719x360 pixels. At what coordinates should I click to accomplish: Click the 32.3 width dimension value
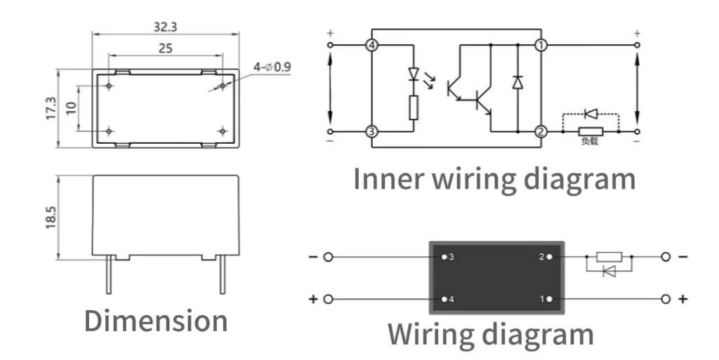(165, 27)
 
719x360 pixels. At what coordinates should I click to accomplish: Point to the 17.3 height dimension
(51, 108)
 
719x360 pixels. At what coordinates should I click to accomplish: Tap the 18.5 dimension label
(51, 216)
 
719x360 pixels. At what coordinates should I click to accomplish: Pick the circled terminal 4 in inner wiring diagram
(372, 46)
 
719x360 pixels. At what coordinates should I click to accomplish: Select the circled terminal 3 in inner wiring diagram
(372, 131)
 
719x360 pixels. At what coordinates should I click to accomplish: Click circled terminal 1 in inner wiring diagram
(541, 46)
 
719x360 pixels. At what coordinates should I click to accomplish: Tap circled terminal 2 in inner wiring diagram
(541, 131)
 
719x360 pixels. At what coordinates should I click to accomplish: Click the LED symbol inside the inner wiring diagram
(414, 74)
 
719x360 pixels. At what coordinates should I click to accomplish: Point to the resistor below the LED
(414, 107)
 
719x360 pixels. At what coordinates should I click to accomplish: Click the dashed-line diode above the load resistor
(591, 113)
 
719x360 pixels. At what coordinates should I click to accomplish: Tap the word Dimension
(156, 321)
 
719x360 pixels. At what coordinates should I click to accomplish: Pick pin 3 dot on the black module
(444, 257)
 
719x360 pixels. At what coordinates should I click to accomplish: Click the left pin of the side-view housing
(109, 274)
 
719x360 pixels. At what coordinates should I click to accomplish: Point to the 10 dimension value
(70, 108)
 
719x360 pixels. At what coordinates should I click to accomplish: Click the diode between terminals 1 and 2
(517, 81)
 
